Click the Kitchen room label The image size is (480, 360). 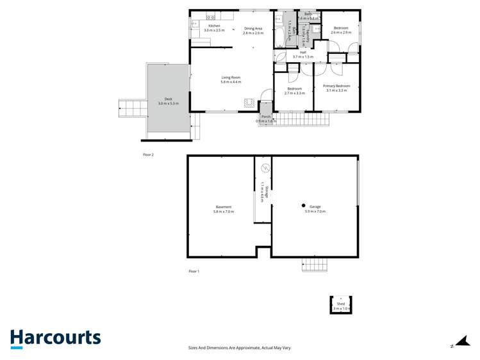click(214, 26)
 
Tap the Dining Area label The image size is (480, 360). click(253, 28)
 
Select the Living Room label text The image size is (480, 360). click(231, 78)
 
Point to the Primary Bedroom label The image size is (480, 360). click(336, 86)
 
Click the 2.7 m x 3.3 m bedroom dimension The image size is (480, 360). click(294, 93)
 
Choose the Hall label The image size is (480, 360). click(303, 53)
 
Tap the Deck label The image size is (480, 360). click(168, 99)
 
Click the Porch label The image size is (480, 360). click(266, 117)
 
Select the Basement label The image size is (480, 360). click(223, 207)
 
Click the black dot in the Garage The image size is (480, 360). click(303, 206)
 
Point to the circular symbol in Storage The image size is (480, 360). click(265, 168)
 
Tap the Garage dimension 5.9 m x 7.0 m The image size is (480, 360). click(315, 211)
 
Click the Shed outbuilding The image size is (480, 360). click(341, 304)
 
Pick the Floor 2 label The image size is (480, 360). click(148, 154)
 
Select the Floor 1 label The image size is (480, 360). click(194, 272)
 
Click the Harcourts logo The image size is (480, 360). click(55, 338)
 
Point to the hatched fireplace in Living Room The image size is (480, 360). click(249, 102)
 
